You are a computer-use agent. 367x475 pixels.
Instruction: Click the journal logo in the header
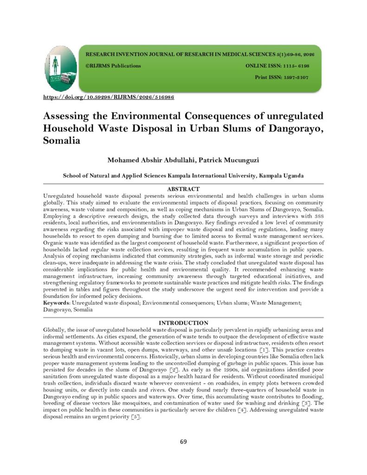(x=61, y=68)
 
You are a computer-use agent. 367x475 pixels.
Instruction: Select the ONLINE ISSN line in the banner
(x=277, y=66)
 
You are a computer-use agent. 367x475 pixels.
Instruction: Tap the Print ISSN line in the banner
(x=282, y=77)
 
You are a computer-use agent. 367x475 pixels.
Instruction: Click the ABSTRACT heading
(x=183, y=189)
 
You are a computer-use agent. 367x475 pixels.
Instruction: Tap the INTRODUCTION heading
(x=183, y=322)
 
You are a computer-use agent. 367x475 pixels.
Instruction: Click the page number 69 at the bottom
(x=183, y=441)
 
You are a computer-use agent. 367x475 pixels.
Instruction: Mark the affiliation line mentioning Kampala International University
(x=183, y=176)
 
